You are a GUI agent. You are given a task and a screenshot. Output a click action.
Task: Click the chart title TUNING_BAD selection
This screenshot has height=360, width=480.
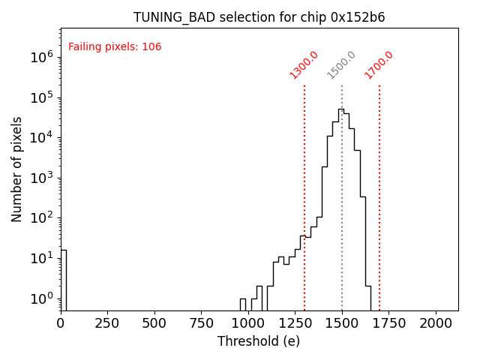[x=259, y=17]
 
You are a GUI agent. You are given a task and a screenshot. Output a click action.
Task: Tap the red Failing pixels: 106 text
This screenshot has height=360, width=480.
[x=115, y=47]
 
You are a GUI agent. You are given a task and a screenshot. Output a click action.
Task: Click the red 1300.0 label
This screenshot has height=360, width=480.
[x=304, y=64]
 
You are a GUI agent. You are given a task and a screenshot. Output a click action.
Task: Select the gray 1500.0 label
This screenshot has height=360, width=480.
[x=341, y=65]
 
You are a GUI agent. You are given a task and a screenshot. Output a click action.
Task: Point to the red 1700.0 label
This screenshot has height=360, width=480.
[x=379, y=64]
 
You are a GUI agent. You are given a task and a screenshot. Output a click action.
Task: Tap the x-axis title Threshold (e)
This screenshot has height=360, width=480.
[x=259, y=341]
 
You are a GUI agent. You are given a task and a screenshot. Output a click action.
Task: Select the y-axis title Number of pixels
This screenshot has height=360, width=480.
[x=17, y=169]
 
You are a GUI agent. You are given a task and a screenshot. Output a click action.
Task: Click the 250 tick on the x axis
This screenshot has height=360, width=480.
[x=108, y=322]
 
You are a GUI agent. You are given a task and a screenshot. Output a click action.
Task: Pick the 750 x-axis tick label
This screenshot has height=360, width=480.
[x=202, y=322]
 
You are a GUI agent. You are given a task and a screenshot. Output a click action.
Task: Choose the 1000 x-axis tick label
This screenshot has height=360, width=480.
[x=248, y=322]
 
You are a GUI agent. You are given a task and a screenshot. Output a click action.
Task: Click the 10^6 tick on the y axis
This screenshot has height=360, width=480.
[x=40, y=57]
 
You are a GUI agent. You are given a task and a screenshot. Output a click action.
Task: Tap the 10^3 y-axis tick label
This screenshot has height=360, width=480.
[x=40, y=178]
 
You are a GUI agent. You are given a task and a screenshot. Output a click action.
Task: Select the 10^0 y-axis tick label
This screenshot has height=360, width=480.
[x=40, y=298]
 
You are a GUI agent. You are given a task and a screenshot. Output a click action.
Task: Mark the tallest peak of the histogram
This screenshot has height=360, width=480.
[x=341, y=110]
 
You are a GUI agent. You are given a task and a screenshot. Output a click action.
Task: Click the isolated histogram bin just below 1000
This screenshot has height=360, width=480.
[x=243, y=304]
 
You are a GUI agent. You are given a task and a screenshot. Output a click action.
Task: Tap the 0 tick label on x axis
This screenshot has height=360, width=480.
[x=61, y=322]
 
